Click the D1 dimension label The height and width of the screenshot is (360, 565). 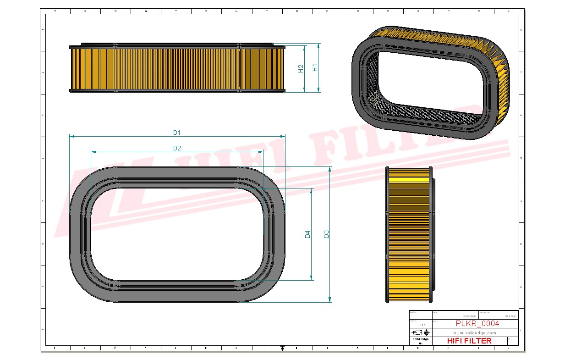coord(177,133)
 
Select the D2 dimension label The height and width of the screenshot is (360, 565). coord(177,148)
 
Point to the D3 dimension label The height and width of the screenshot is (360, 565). coord(326,234)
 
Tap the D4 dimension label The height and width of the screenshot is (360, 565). coord(308,234)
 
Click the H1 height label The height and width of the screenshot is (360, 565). coord(315,67)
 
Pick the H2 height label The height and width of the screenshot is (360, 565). coord(301,68)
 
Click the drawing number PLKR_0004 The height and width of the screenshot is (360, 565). coord(477,324)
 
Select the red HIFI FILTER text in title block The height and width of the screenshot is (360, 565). coord(469,341)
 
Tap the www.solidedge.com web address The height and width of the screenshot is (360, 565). coord(475,332)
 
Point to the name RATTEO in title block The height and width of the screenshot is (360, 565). coord(510,316)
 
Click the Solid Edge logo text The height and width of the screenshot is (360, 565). coord(420,339)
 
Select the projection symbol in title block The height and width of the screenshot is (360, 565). coord(420,332)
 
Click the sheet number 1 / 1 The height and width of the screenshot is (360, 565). coord(420,325)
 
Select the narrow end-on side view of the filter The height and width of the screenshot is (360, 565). coord(409,234)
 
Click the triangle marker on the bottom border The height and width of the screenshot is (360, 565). coord(282,348)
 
